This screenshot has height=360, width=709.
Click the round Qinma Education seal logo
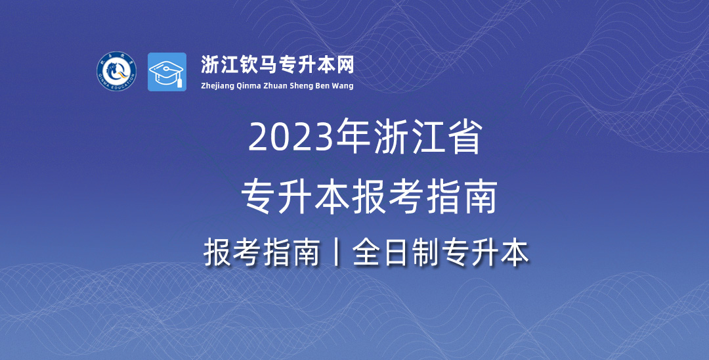pos(117,71)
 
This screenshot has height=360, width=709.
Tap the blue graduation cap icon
pos(167,72)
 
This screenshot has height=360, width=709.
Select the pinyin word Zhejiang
pos(217,86)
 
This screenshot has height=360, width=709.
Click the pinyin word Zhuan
pos(276,85)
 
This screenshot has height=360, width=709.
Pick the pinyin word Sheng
pos(303,86)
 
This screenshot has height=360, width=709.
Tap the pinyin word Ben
pos(325,85)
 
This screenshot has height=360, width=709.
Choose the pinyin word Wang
pos(344,86)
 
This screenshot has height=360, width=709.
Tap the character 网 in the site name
pos(345,64)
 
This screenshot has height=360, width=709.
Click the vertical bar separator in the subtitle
pos(335,253)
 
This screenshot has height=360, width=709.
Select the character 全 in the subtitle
pos(367,253)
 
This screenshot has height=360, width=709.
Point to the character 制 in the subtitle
pos(426,253)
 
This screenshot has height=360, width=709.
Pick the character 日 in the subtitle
pos(397,253)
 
